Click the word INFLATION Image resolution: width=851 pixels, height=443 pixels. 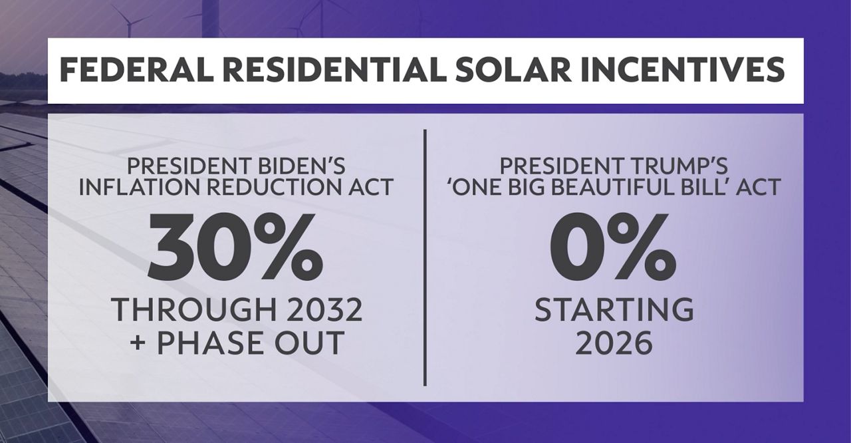coord(136,187)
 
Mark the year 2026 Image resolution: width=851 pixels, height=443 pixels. coord(614,343)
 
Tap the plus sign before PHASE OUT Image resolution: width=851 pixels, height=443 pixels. coord(140,343)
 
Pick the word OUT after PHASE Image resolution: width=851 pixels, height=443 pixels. coord(312,343)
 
